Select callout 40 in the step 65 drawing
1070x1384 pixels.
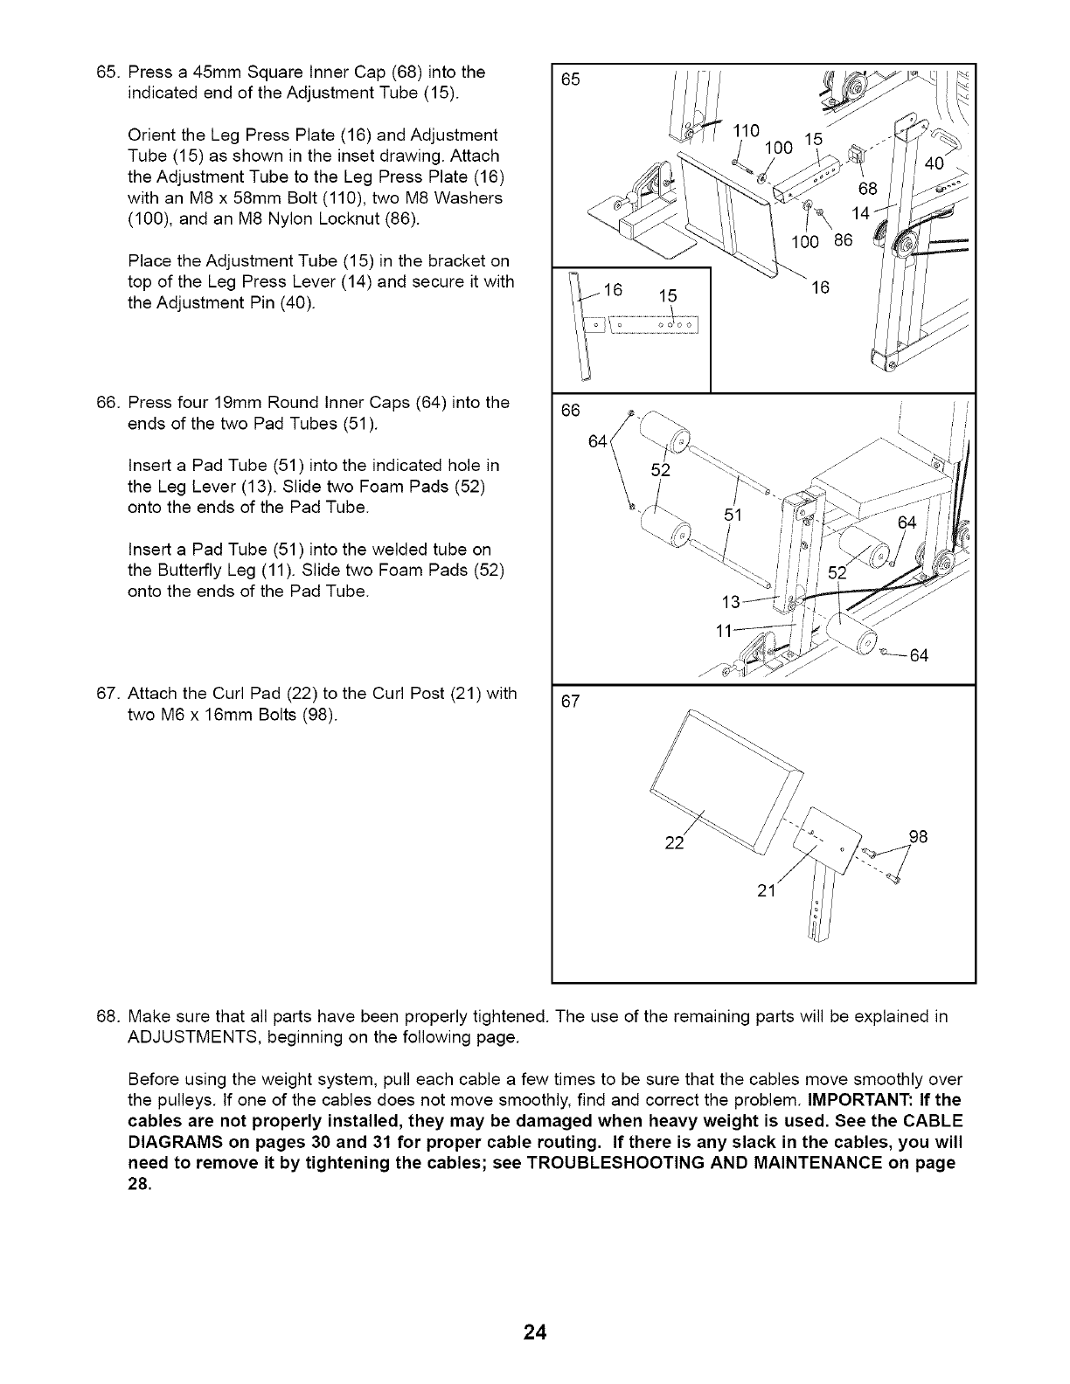point(935,163)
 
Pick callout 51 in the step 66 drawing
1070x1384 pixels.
point(733,515)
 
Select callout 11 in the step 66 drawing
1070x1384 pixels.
point(724,632)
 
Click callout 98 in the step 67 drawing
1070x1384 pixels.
point(916,837)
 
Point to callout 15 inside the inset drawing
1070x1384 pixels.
point(667,296)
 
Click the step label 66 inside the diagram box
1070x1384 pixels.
point(571,411)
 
